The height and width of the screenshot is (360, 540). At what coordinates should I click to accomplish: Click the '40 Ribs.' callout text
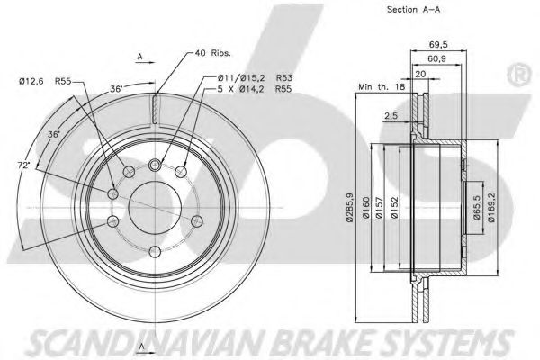(x=213, y=53)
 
